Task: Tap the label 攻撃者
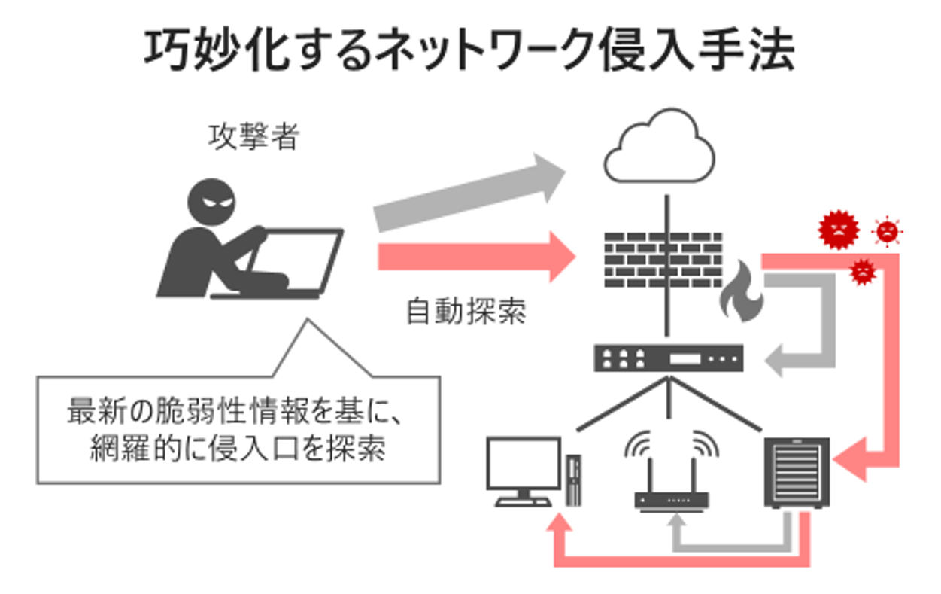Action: pos(253,137)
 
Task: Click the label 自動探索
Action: pos(466,312)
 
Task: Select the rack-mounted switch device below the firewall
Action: pos(669,358)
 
